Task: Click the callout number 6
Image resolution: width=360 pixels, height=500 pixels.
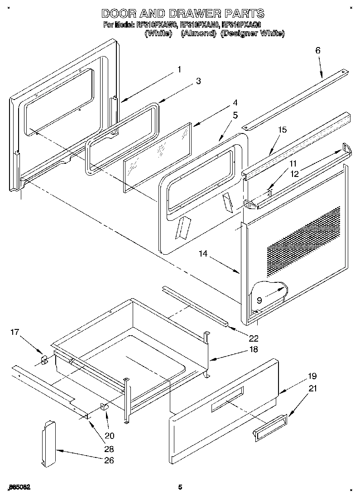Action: (x=317, y=51)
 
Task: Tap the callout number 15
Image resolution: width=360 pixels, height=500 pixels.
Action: (x=282, y=130)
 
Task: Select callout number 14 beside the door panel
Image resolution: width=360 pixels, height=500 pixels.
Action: (x=202, y=254)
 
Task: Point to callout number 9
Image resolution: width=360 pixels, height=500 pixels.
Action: (x=259, y=300)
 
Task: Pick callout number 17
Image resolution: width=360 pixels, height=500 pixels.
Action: (x=15, y=333)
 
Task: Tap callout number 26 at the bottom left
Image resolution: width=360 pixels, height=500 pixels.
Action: (x=109, y=461)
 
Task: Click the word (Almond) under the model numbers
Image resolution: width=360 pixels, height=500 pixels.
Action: (x=198, y=34)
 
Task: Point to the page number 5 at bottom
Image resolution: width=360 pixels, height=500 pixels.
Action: (x=180, y=487)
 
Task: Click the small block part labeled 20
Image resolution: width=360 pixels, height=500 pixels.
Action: (x=105, y=405)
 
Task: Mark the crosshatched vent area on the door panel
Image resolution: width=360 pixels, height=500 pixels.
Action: (x=303, y=242)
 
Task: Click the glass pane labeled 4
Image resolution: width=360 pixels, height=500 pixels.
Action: (x=156, y=156)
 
